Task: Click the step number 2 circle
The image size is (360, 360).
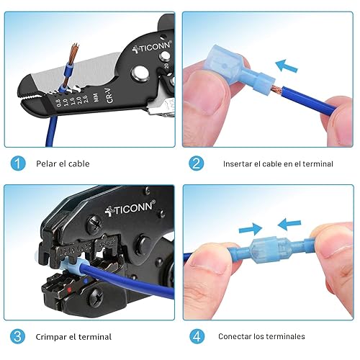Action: pyautogui.click(x=196, y=163)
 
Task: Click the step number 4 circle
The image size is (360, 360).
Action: pyautogui.click(x=196, y=336)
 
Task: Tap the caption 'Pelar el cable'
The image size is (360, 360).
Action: pyautogui.click(x=63, y=163)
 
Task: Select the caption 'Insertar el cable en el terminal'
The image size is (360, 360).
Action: pyautogui.click(x=278, y=163)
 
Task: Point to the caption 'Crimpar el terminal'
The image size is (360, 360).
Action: pyautogui.click(x=74, y=336)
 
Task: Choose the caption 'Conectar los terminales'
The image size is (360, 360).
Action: pyautogui.click(x=261, y=336)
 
